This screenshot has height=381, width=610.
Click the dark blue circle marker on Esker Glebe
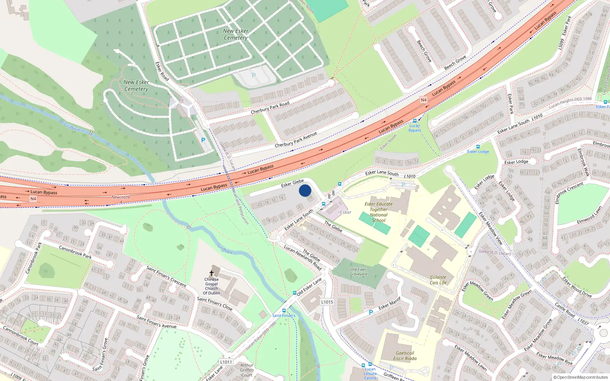pyautogui.click(x=305, y=190)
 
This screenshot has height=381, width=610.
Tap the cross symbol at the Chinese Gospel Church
pyautogui.click(x=212, y=273)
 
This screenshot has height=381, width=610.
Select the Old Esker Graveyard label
pyautogui.click(x=358, y=272)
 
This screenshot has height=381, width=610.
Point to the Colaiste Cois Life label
pyautogui.click(x=438, y=280)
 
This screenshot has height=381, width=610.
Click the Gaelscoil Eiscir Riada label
pyautogui.click(x=405, y=355)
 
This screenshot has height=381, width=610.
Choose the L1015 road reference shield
pyautogui.click(x=327, y=302)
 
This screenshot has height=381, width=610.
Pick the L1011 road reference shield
pyautogui.click(x=226, y=362)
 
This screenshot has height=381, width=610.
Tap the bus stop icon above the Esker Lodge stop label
pyautogui.click(x=478, y=147)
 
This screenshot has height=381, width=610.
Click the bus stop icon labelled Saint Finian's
pyautogui.click(x=284, y=311)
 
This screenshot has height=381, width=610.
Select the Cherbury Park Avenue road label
pyautogui.click(x=296, y=140)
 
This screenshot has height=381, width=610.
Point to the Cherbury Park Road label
pyautogui.click(x=270, y=108)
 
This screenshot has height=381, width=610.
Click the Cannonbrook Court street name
pyautogui.click(x=21, y=335)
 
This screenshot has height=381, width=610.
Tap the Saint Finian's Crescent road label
pyautogui.click(x=167, y=277)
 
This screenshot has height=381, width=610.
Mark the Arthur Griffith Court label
pyautogui.click(x=247, y=370)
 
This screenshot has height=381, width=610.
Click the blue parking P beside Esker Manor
pyautogui.click(x=371, y=312)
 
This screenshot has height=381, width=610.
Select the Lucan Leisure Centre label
pyautogui.click(x=370, y=373)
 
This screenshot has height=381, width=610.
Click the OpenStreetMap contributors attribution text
pyautogui.click(x=580, y=378)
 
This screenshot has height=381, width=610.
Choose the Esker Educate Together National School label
pyautogui.click(x=379, y=212)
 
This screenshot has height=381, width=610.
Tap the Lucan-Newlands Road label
pyautogui.click(x=303, y=258)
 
